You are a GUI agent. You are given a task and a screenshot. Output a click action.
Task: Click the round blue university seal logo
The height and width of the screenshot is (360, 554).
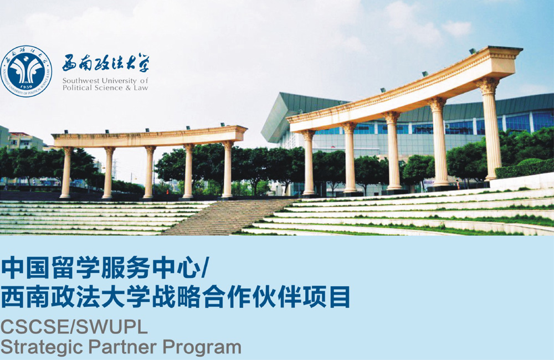pos(26,71)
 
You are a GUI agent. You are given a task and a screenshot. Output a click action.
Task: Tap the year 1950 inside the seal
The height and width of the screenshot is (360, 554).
pos(26,87)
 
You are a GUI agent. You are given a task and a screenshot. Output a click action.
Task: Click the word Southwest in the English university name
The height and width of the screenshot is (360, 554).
pos(80,81)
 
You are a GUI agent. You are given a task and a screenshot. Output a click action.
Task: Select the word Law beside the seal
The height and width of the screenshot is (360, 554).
pos(141,88)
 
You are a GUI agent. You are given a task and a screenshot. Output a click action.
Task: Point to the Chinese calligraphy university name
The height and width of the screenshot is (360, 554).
pos(106,63)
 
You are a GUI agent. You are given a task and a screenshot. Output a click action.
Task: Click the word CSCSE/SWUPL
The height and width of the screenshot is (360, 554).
pos(74,327)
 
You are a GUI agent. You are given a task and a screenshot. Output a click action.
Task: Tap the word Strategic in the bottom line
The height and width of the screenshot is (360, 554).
pos(42,347)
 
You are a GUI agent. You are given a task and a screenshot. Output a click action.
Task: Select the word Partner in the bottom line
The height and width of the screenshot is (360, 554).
pos(123,347)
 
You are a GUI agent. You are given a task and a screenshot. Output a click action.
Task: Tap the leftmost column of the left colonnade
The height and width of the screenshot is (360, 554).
pos(66,172)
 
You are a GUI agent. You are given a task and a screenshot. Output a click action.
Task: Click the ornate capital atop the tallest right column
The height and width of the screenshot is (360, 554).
pos(488,85)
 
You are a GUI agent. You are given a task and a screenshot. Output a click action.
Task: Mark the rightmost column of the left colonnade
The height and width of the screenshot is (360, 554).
pos(228,169)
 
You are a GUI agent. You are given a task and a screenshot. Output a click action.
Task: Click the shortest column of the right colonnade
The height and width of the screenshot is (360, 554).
pos(309,162)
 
